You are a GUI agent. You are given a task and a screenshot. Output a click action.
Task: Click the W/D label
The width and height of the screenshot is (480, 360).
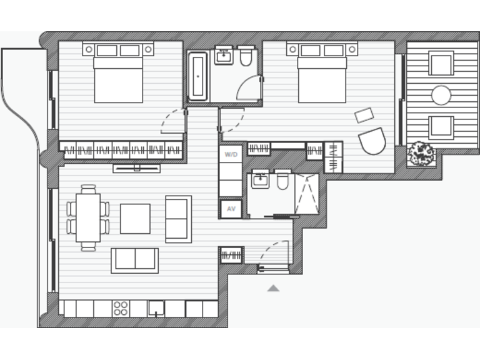(231, 154)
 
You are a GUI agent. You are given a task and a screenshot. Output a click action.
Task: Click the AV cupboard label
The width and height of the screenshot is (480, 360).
(231, 209)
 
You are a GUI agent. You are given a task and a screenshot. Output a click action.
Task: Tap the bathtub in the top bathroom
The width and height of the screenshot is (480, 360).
(198, 76)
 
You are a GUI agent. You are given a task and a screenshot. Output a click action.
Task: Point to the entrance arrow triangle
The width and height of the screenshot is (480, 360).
(273, 288)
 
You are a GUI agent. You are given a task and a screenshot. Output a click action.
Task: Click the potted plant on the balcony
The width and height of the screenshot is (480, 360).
(421, 154)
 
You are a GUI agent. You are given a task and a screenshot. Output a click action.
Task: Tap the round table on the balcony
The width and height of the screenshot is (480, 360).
(441, 95)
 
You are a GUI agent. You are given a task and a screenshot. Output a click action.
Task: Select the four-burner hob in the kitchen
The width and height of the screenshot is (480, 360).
(121, 308)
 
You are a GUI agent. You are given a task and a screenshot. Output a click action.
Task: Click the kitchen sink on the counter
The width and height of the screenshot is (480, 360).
(156, 308)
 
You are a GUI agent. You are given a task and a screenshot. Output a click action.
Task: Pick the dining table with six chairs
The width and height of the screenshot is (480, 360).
(88, 217)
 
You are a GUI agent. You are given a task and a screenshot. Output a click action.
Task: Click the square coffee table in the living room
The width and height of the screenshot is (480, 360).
(135, 218)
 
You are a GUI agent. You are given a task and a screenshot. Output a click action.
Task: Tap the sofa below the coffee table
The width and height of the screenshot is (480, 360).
(134, 260)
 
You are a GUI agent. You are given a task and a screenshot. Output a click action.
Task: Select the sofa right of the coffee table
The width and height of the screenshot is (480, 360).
(179, 219)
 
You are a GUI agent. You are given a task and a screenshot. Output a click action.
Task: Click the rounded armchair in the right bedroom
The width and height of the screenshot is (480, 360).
(372, 141)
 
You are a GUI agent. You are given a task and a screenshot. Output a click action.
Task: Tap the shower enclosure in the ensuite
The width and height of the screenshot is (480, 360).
(306, 194)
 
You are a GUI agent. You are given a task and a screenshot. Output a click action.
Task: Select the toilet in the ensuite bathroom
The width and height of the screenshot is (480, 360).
(282, 181)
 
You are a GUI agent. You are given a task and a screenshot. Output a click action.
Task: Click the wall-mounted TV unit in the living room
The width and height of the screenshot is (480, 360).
(136, 168)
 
